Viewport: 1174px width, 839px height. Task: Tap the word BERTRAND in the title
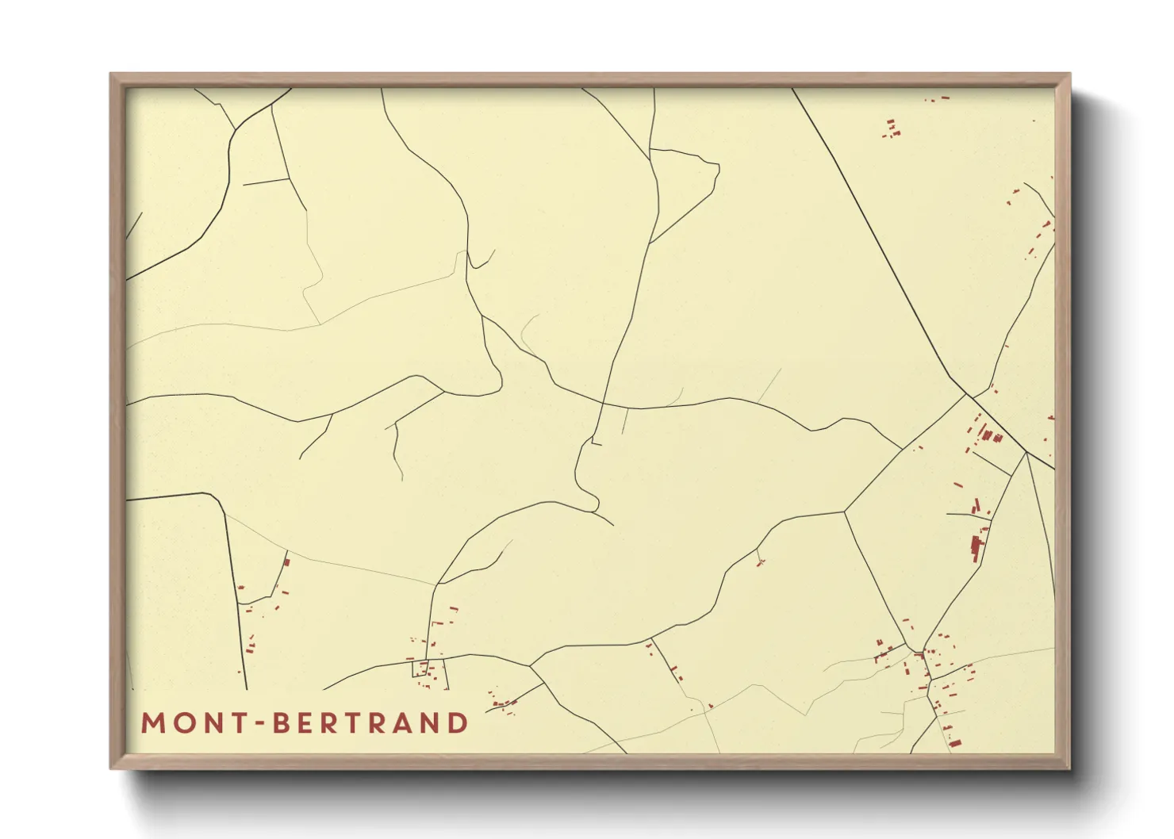pyautogui.click(x=371, y=723)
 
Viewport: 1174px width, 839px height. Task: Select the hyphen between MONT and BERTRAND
pyautogui.click(x=259, y=724)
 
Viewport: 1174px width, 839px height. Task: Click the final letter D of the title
pyautogui.click(x=458, y=723)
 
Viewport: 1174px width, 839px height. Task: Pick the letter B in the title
pyautogui.click(x=282, y=723)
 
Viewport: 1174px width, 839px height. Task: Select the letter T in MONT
pyautogui.click(x=239, y=723)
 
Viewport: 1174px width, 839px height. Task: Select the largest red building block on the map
pyautogui.click(x=976, y=547)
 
